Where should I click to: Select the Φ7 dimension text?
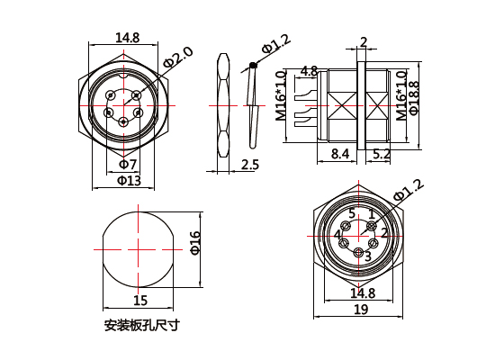coord(127,165)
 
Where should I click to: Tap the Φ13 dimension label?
coord(128,180)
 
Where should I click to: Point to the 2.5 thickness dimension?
coord(251,164)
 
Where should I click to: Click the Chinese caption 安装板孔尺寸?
coord(141,325)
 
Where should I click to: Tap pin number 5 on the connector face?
coord(352,213)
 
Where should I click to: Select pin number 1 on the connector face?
coord(370,214)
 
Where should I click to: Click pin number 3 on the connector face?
coord(367,256)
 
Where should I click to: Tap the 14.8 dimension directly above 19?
coord(362,293)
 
